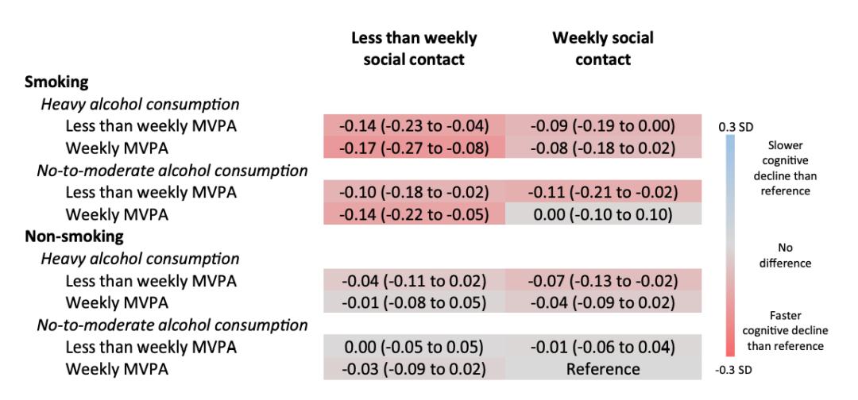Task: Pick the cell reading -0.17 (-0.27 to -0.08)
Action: pos(414,147)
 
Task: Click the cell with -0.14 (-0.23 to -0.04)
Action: pos(414,125)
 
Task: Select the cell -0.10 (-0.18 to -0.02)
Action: pos(414,191)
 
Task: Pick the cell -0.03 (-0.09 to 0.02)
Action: pos(414,369)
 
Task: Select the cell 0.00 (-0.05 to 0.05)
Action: pos(414,347)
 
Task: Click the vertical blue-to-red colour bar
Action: pos(730,247)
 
